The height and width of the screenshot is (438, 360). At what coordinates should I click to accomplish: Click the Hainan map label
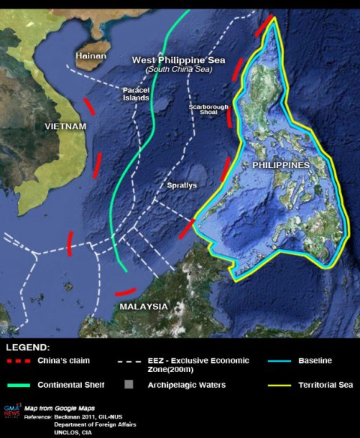pos(91,55)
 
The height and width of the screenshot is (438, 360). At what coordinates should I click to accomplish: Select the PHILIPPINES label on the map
pos(281,164)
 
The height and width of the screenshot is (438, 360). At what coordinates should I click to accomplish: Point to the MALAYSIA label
pos(143,306)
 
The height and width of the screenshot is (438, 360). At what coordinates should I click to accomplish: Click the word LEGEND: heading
pos(28,348)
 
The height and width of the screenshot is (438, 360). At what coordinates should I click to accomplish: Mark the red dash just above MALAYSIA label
pos(125,292)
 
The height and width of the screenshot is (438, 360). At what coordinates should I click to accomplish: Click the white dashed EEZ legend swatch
pos(128,361)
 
